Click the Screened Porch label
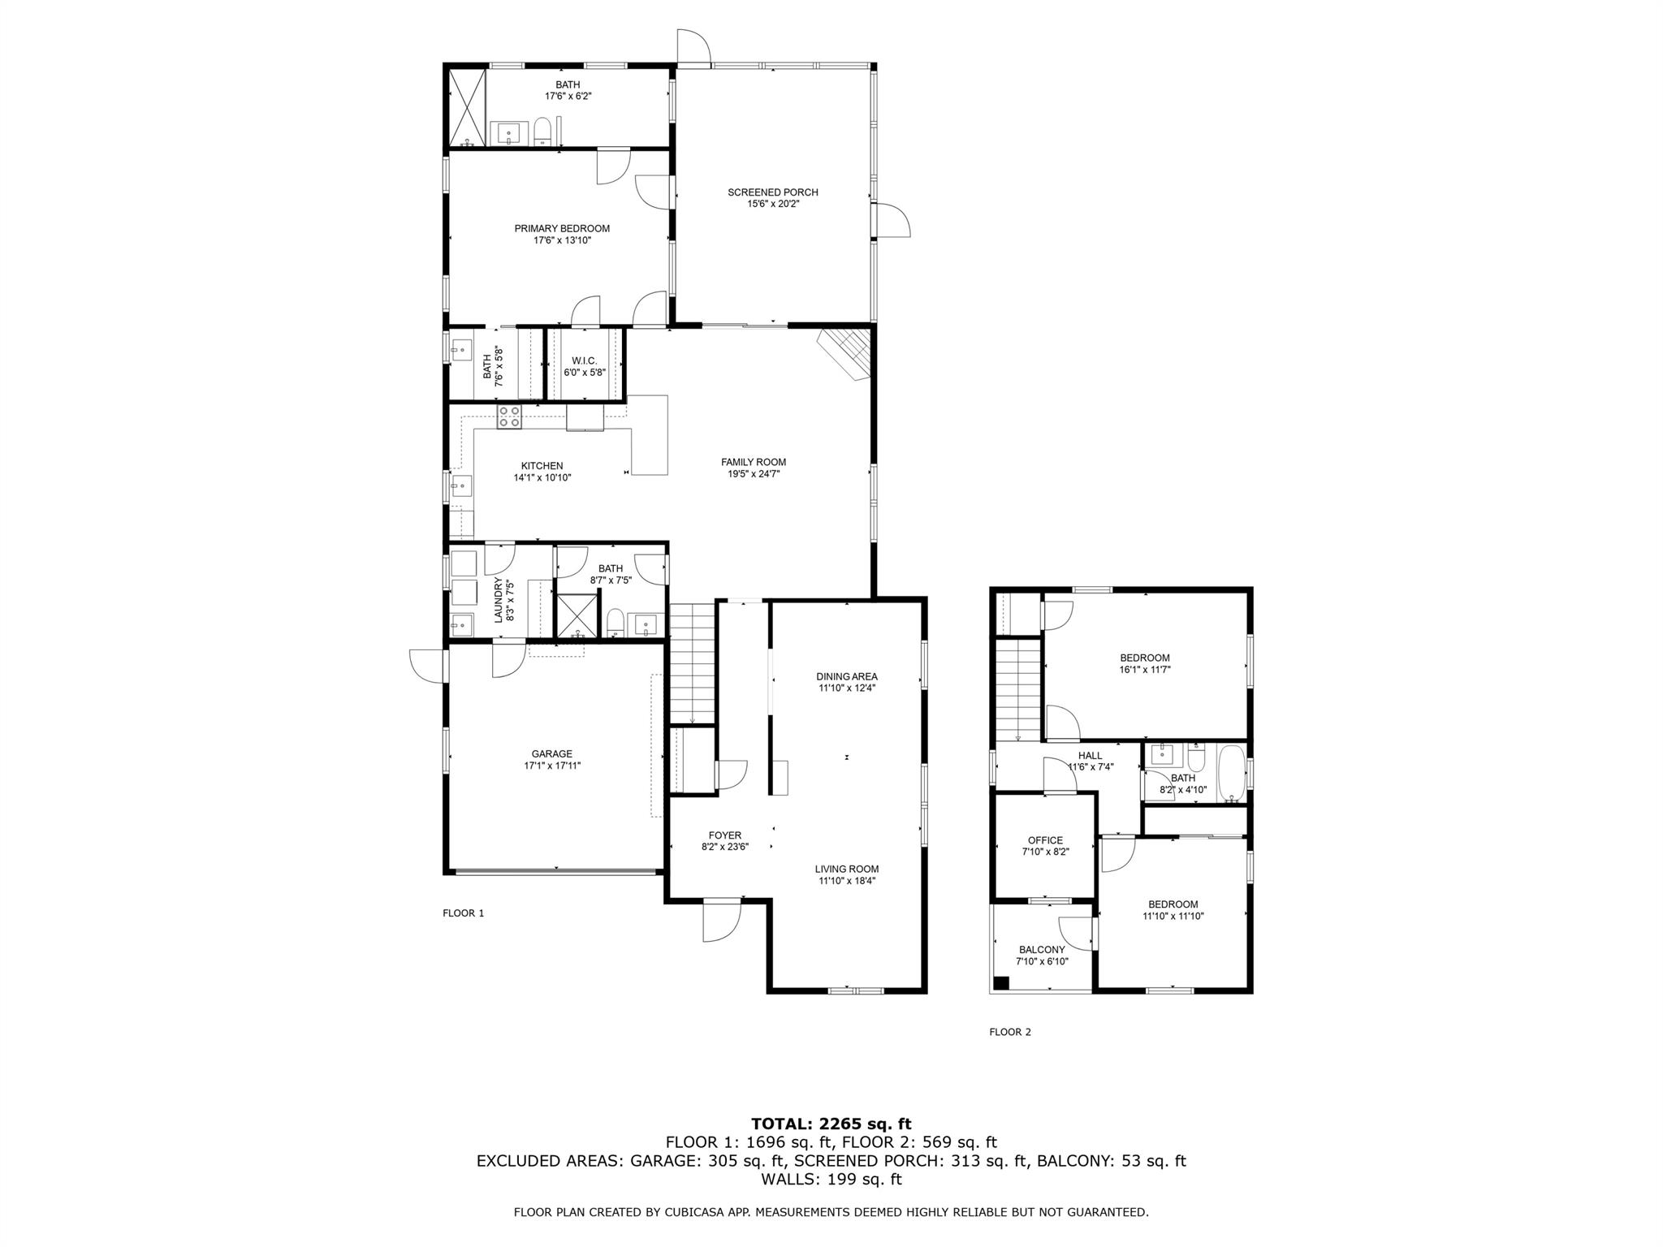772,192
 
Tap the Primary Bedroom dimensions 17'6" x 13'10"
562,240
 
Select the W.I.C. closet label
584,360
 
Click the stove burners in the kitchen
509,417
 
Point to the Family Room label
753,462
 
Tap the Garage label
552,753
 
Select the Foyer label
724,835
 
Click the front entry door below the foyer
722,921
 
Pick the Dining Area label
847,676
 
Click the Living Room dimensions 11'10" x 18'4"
847,880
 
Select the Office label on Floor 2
1045,840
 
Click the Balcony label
1042,949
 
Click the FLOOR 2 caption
1009,1032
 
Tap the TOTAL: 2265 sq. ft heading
831,1124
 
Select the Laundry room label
499,600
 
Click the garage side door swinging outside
427,666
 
